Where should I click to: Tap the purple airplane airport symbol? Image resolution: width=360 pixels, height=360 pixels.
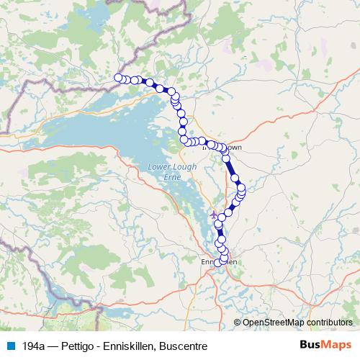pos(213,214)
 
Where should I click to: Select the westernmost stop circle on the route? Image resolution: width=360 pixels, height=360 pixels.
pos(118,78)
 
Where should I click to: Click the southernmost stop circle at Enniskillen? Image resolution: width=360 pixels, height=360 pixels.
pos(218,263)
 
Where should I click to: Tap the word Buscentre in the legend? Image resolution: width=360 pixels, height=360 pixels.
pos(184,346)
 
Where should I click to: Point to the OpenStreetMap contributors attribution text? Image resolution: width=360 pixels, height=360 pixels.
pos(297,323)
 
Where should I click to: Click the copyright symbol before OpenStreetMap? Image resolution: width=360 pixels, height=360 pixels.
pos(238,323)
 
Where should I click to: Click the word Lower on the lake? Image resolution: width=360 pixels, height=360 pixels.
pos(159,166)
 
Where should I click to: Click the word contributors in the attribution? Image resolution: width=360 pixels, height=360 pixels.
pos(329,323)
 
